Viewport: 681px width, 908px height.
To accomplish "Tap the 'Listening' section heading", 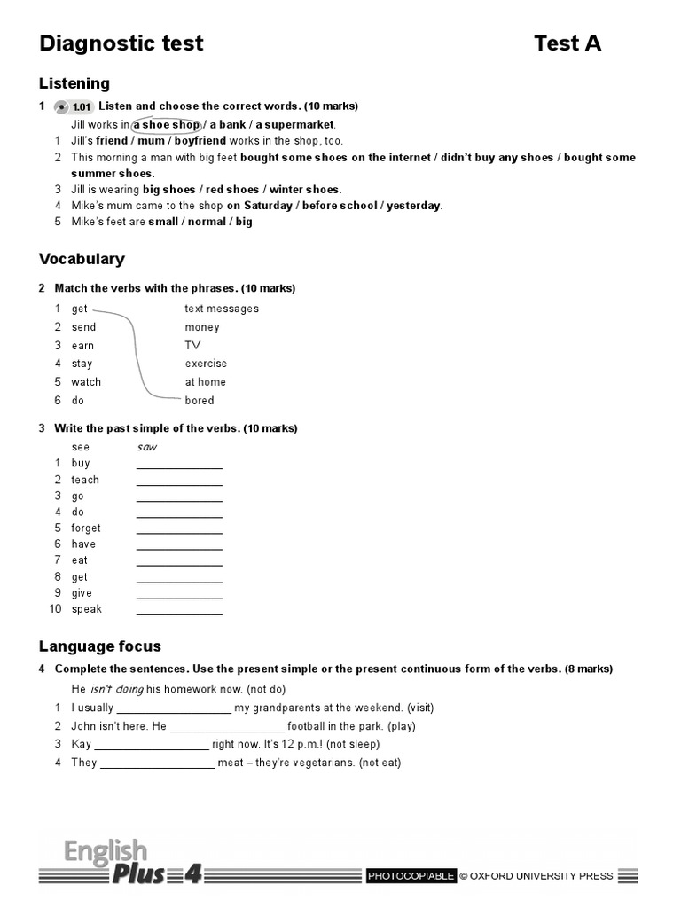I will (74, 83).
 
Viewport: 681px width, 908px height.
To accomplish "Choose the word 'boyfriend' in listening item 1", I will (200, 141).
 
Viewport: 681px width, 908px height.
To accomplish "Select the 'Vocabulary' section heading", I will (82, 259).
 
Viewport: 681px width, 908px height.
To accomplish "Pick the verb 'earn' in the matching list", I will (82, 346).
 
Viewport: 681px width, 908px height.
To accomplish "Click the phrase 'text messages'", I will (222, 309).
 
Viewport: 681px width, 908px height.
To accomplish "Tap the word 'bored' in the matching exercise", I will (200, 401).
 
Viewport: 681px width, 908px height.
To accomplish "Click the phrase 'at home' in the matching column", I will (205, 382).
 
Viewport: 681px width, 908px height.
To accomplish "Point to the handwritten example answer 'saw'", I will (146, 447).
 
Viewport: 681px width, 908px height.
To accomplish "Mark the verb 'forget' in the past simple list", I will (86, 528).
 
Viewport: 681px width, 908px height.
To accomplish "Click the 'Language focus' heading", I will (100, 646).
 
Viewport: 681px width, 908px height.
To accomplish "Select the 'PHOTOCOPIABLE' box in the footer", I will (411, 876).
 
